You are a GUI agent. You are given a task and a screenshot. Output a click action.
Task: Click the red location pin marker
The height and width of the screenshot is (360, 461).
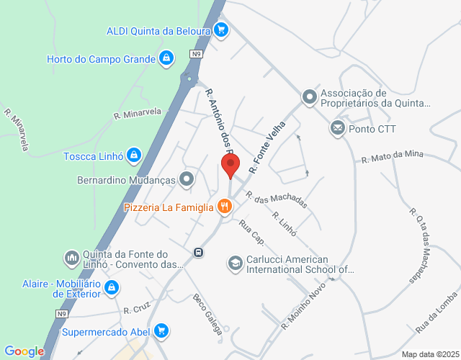pos(231,164)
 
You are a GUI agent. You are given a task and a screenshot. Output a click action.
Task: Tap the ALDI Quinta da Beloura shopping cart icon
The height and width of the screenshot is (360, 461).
pos(221,30)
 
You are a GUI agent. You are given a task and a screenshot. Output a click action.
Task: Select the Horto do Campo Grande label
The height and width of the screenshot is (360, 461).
pos(101,58)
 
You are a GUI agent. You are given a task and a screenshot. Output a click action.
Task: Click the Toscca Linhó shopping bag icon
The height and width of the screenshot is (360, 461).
pos(133,155)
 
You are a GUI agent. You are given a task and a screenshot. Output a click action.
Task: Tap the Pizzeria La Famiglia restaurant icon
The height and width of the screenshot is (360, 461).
pos(225,207)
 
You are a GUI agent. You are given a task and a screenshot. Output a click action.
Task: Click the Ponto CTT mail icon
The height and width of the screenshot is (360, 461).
pos(337,129)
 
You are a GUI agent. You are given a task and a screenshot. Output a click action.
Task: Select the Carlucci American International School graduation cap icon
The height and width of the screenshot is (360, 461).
pos(235,264)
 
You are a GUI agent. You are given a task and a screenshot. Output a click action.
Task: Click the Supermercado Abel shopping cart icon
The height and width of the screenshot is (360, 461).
pos(162,331)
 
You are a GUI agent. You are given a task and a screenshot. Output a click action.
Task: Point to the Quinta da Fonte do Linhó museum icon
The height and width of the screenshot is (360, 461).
pos(71,258)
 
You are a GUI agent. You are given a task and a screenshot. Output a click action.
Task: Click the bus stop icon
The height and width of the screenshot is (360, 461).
pos(198,253)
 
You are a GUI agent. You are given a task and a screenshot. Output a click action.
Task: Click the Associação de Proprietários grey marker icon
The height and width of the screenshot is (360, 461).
pos(309,96)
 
